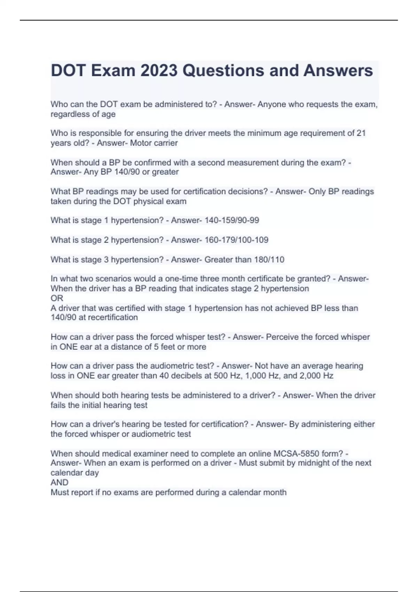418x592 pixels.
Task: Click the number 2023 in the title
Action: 159,71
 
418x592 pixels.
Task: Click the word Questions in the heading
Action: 223,71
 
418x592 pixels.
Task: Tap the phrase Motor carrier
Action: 154,143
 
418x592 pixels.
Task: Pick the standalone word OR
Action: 57,298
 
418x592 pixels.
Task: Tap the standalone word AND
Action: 59,483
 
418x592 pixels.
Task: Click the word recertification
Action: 113,318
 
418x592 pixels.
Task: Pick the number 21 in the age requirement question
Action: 361,133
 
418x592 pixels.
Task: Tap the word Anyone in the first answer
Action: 271,104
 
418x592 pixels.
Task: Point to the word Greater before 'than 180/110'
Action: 218,260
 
